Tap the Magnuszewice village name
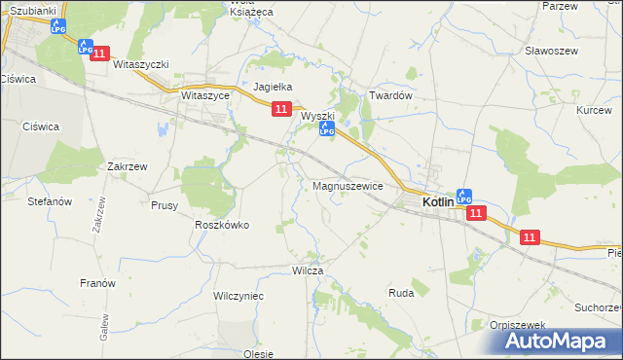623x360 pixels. (x=348, y=185)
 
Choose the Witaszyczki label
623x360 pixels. (x=141, y=64)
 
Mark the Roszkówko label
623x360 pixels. (x=222, y=225)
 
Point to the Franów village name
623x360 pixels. (x=97, y=283)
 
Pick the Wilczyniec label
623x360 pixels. (x=238, y=294)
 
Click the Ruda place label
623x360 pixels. (x=401, y=292)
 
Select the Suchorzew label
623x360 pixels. (x=598, y=307)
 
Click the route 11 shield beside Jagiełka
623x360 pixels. (x=281, y=110)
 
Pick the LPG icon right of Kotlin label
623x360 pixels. (x=464, y=196)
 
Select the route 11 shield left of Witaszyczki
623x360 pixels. (x=99, y=56)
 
